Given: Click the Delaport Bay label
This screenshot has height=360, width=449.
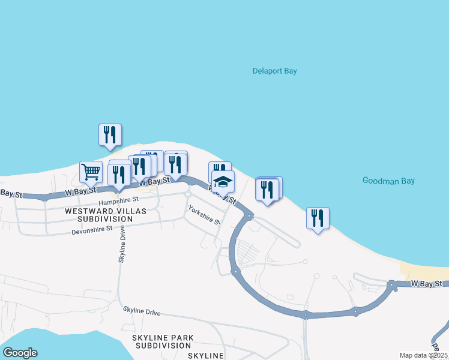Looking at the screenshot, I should (x=274, y=71).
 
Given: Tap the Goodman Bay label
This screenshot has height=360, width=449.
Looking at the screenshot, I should (x=388, y=181).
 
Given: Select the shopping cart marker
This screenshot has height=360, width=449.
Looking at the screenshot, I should (x=91, y=172).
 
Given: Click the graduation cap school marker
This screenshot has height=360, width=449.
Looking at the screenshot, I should (x=223, y=181).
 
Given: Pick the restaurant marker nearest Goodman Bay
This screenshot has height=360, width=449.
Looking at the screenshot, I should (x=318, y=218).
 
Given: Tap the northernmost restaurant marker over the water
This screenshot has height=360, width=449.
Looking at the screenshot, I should (x=110, y=135).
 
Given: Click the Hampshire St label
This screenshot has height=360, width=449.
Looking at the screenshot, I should (x=119, y=200).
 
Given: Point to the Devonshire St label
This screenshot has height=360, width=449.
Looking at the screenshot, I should (x=92, y=230).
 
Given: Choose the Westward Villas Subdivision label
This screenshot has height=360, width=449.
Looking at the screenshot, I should (x=98, y=215).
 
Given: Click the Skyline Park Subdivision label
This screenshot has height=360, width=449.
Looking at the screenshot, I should (x=163, y=342).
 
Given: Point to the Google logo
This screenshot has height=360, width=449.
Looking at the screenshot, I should (x=20, y=353).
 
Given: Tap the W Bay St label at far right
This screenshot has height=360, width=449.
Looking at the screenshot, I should (x=426, y=283).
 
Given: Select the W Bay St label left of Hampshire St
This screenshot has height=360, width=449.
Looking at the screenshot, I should (x=80, y=191).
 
